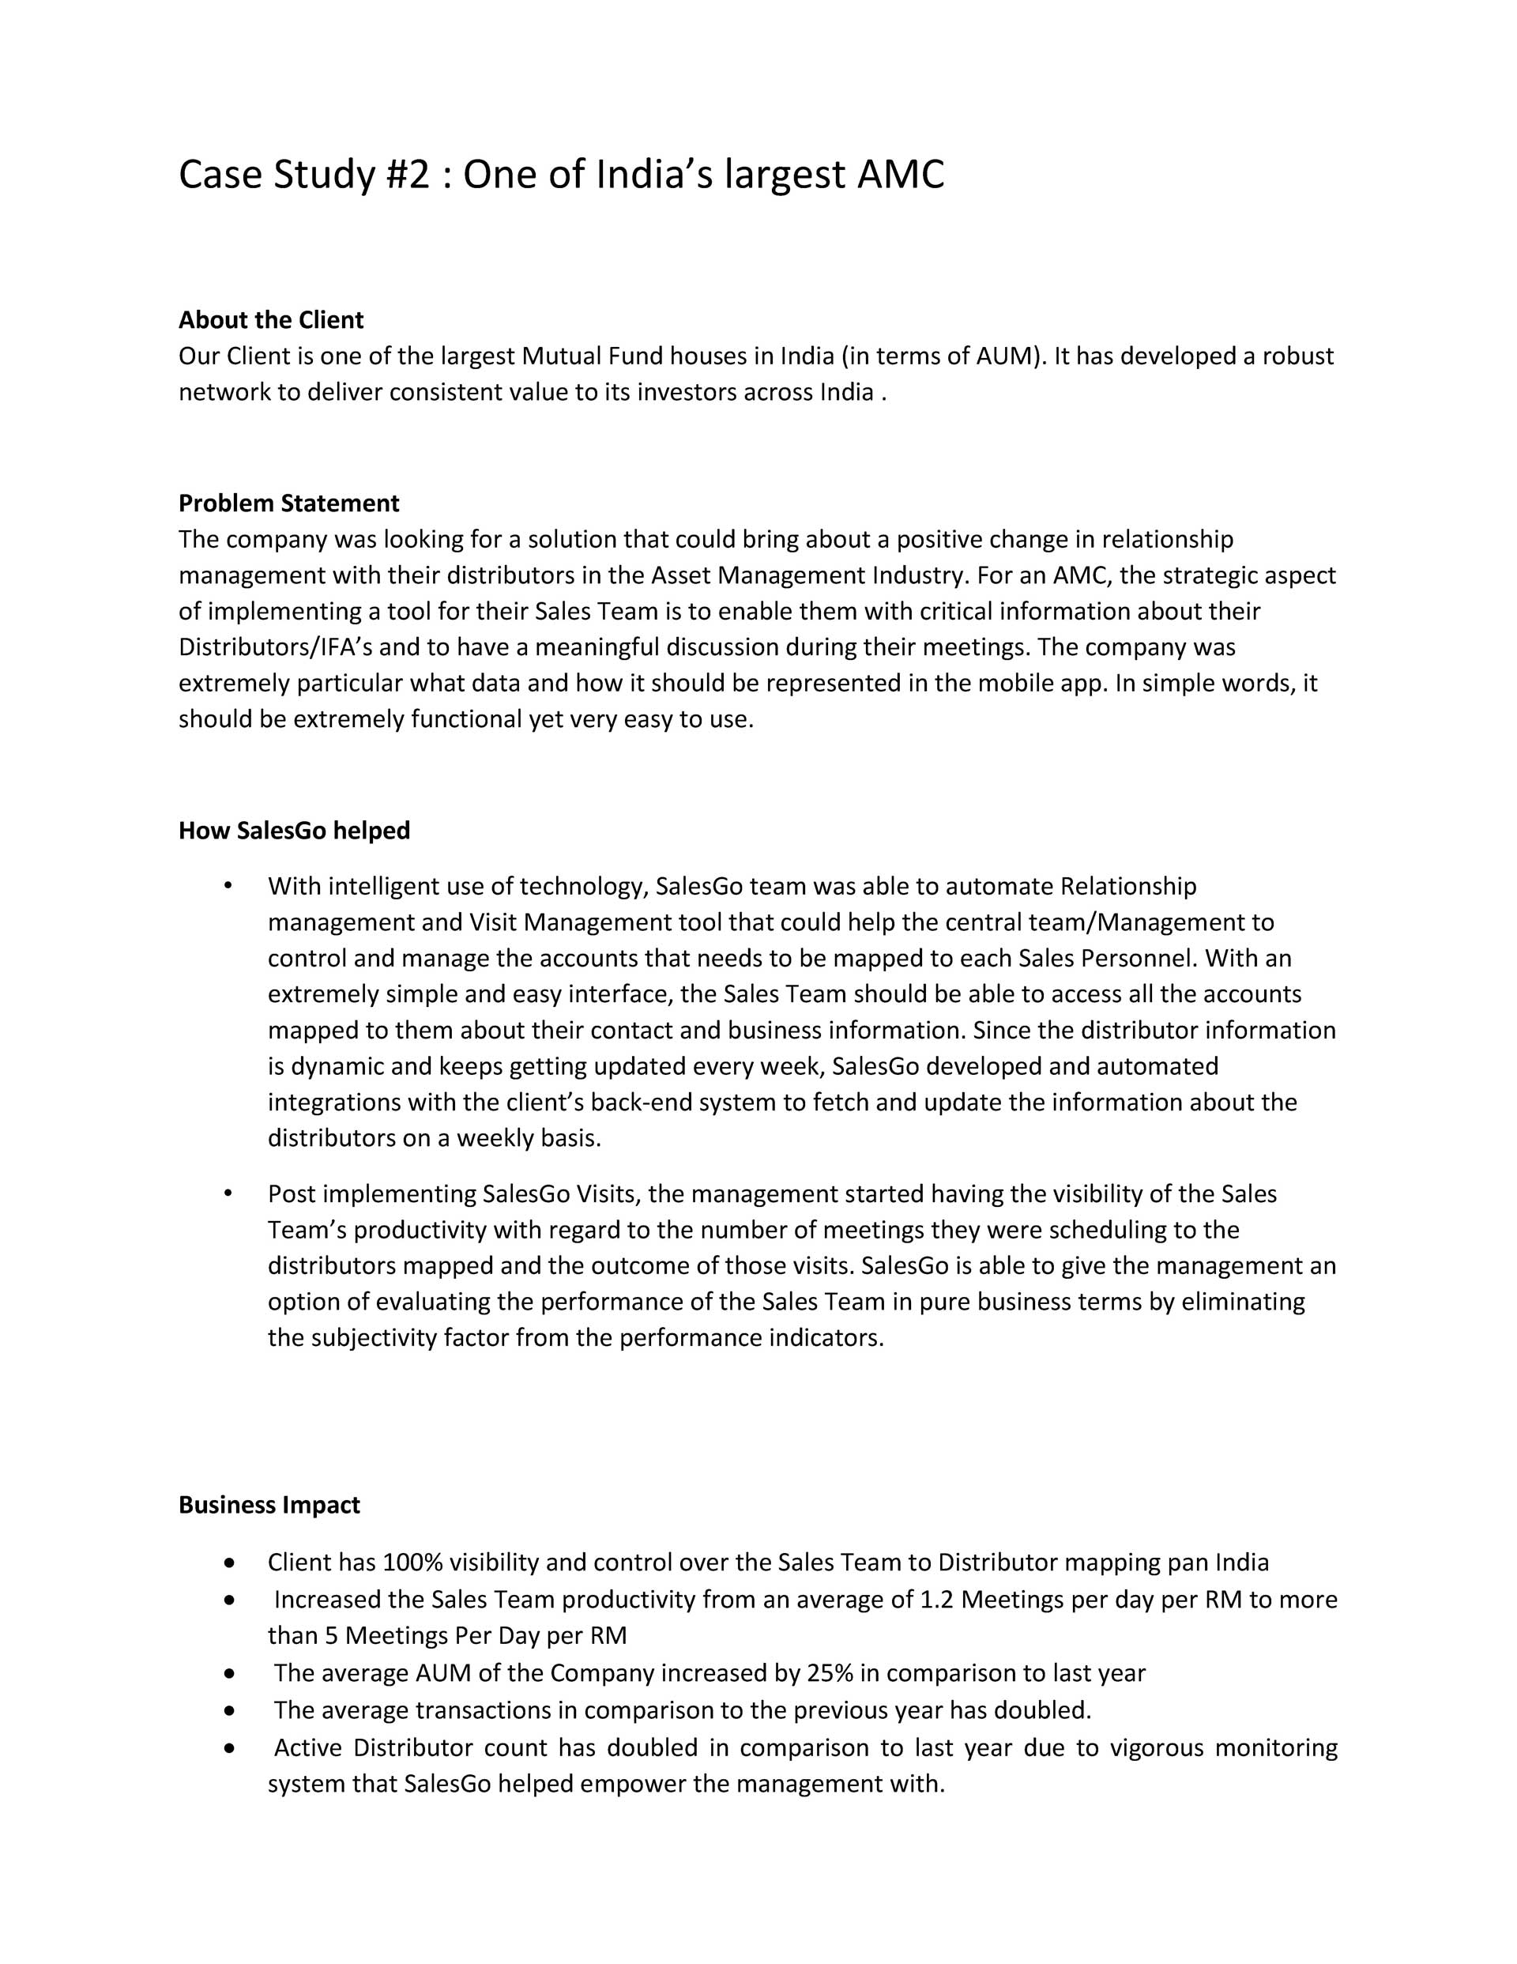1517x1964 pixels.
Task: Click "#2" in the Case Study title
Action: click(x=408, y=175)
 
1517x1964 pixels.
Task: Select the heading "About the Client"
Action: click(x=271, y=320)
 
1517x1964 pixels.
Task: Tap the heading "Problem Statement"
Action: click(x=288, y=503)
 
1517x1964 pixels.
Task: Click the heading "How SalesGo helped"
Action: click(x=294, y=830)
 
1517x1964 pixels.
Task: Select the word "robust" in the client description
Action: click(x=1297, y=356)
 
